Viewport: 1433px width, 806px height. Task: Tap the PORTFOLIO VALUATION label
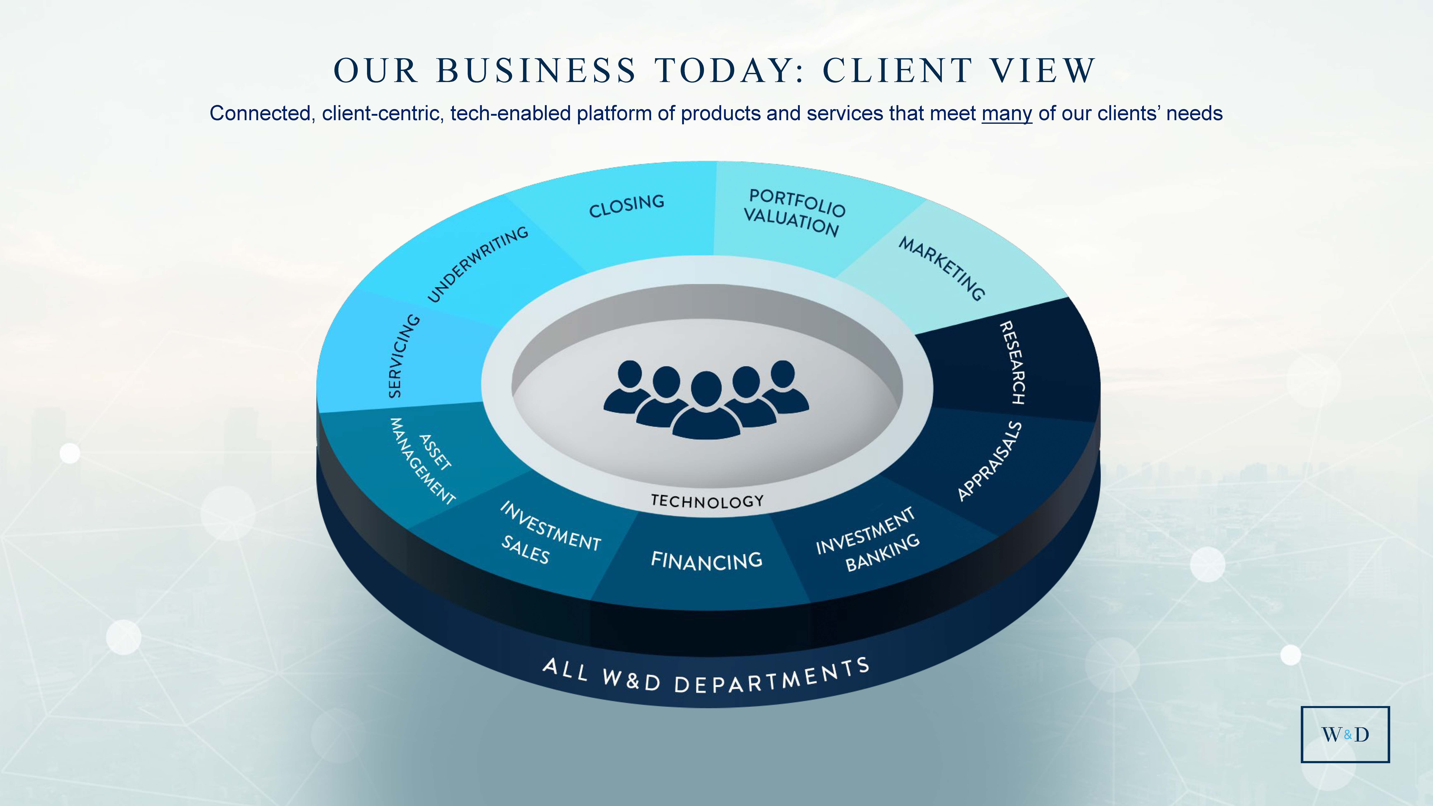pos(794,212)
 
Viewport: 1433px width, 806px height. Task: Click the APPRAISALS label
pos(990,461)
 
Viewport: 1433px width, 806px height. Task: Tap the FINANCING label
pos(706,561)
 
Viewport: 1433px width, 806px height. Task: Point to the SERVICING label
pos(403,356)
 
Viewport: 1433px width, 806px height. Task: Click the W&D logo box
pos(1345,734)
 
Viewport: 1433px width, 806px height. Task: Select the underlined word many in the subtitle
pos(1006,114)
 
